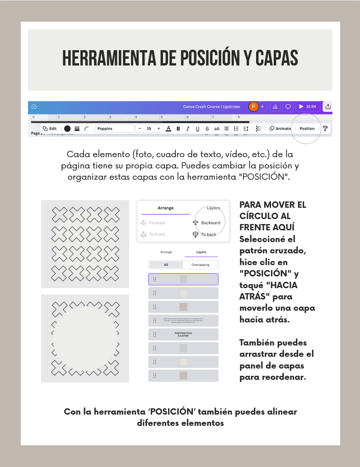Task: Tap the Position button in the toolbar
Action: click(x=307, y=129)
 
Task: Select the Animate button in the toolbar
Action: click(x=280, y=129)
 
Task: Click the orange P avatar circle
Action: click(x=253, y=107)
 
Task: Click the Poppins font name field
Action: click(x=114, y=129)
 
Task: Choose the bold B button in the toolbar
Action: click(x=178, y=129)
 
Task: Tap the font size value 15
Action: click(x=149, y=129)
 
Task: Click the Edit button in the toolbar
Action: click(x=50, y=129)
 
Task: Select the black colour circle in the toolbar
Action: click(x=67, y=129)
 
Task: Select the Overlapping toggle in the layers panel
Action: click(x=200, y=265)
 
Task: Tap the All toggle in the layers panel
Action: click(x=166, y=265)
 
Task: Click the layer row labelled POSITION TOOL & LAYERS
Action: click(x=183, y=335)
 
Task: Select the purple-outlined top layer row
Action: click(x=183, y=279)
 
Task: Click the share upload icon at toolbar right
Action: click(x=328, y=107)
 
